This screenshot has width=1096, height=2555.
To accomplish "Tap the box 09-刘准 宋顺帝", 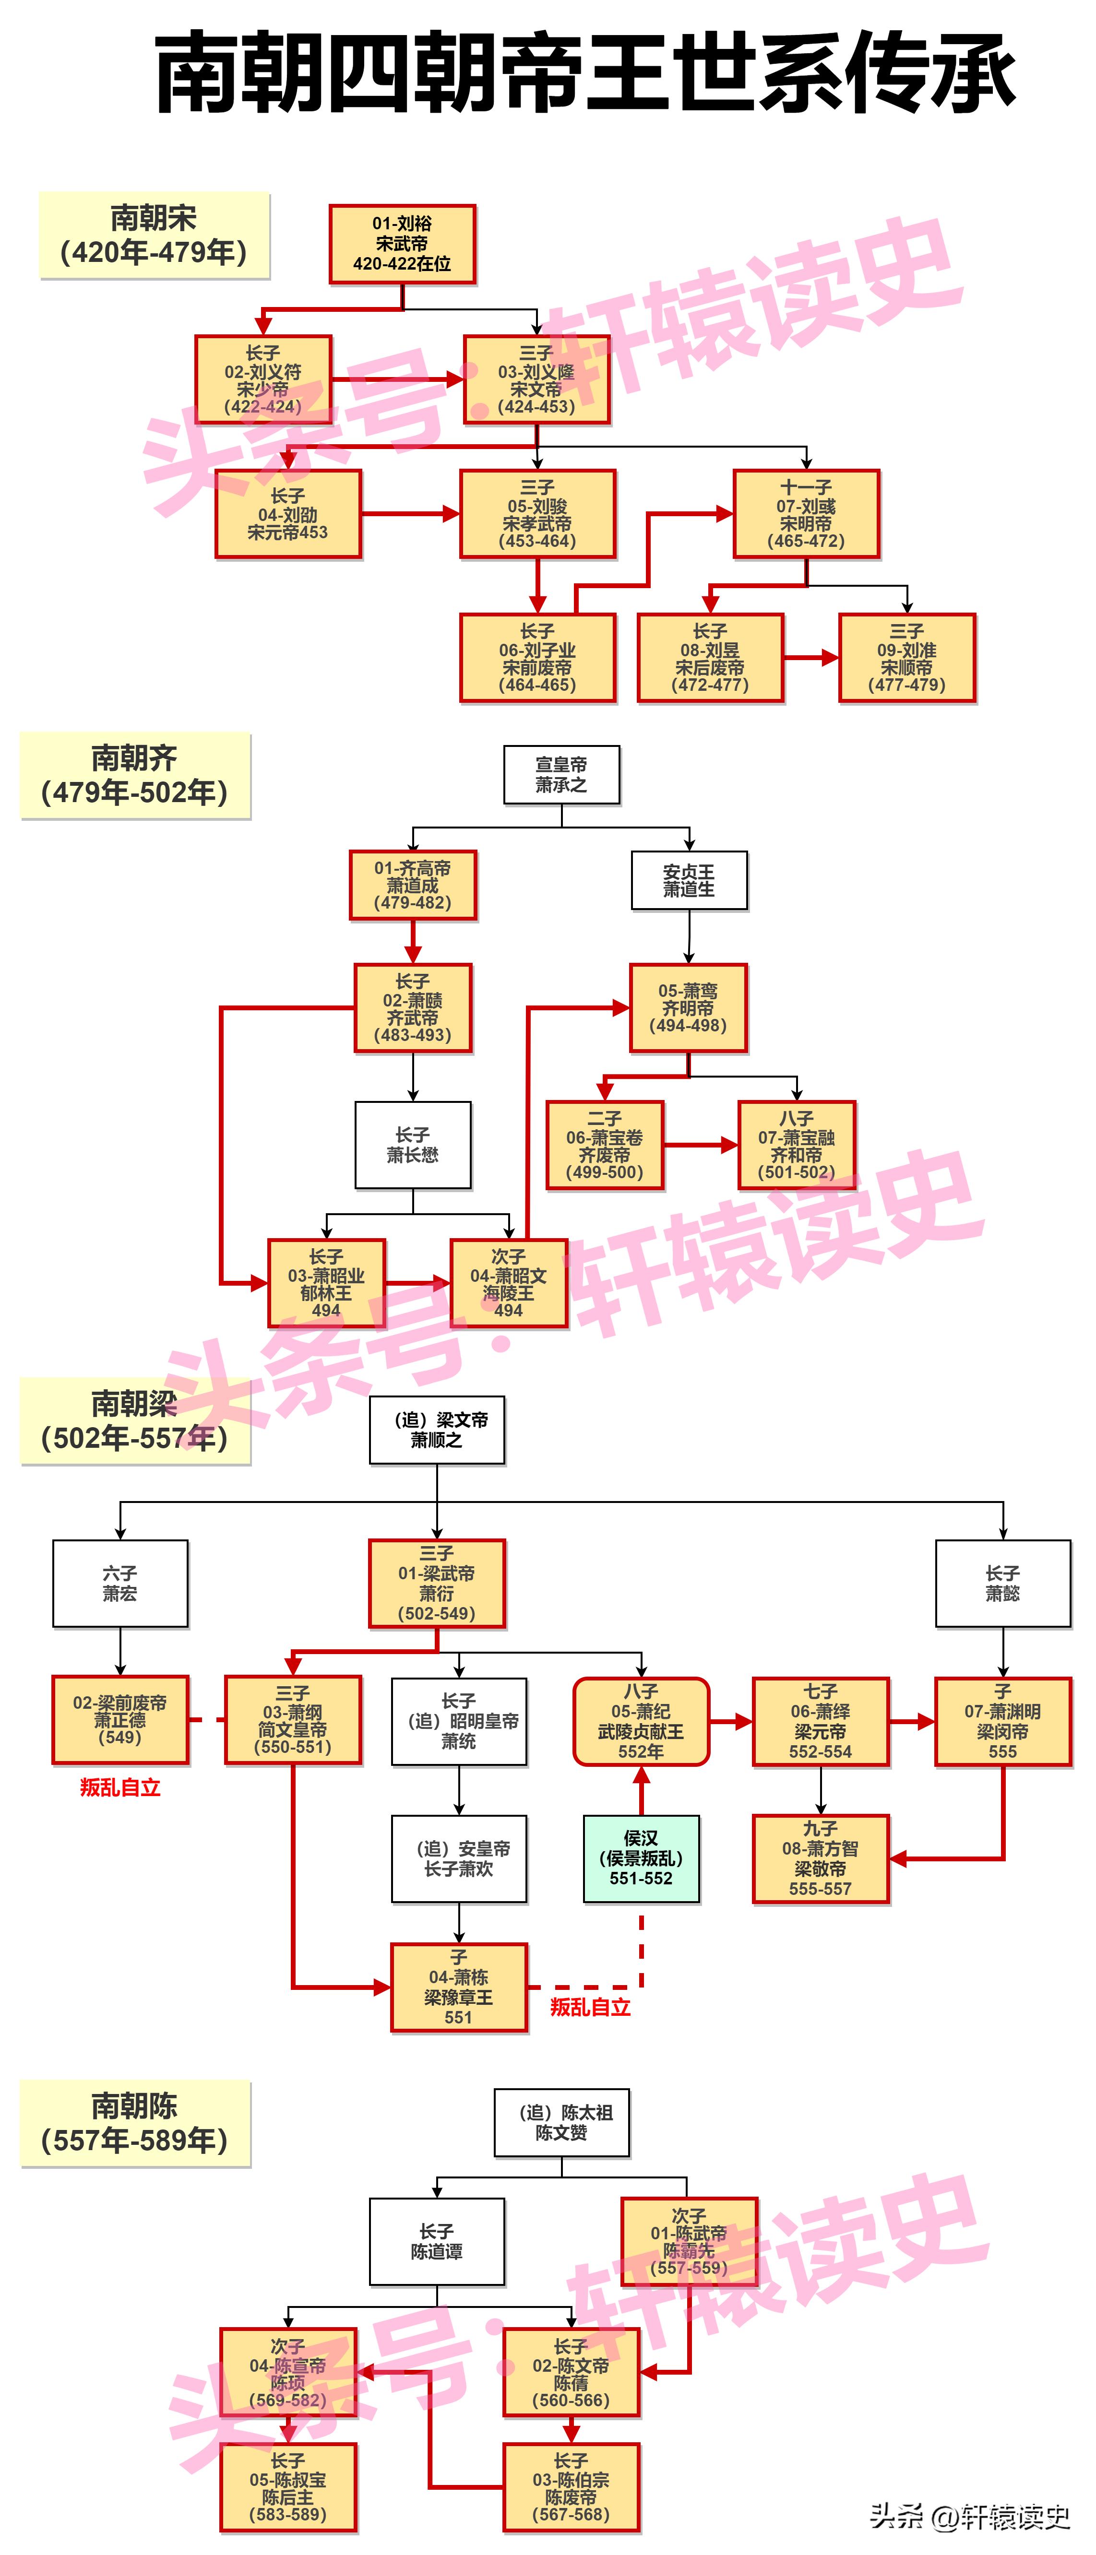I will pos(906,658).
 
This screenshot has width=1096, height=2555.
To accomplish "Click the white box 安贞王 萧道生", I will pos(688,880).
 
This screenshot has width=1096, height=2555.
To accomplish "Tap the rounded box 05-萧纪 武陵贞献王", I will pos(641,1721).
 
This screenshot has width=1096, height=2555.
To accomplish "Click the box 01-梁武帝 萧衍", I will pos(436,1583).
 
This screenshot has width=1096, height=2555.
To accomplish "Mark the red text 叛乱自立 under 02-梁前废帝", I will pos(120,1787).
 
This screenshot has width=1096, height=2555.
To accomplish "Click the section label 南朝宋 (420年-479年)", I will pos(154,235).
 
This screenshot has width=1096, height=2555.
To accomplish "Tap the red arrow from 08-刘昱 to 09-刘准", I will pos(811,658).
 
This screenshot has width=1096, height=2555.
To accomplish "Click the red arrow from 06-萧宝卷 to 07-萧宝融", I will pos(700,1145).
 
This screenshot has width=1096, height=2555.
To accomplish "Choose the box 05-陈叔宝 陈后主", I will pos(287,2487).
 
